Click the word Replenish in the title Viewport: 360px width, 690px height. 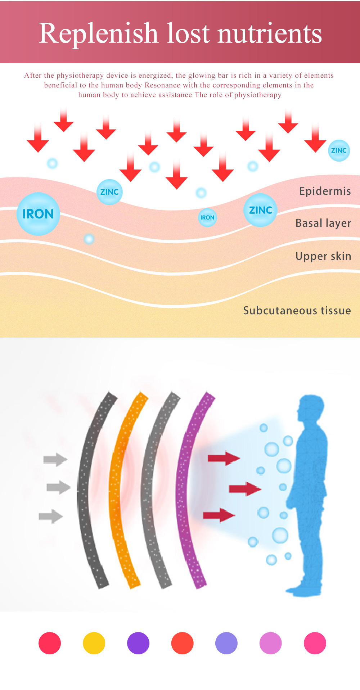click(98, 33)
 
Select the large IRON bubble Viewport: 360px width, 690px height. click(38, 214)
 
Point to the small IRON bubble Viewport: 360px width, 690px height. click(207, 217)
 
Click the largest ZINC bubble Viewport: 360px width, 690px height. click(260, 210)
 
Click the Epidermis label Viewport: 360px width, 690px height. click(325, 191)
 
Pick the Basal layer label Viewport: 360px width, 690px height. click(323, 223)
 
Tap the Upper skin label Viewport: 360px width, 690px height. click(323, 256)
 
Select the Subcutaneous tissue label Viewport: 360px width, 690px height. click(297, 310)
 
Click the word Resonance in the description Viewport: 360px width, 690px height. click(162, 85)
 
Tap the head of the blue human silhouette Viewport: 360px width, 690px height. click(310, 409)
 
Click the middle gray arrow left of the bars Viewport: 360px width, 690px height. click(58, 487)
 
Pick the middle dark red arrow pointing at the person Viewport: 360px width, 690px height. click(245, 488)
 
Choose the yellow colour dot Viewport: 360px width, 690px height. click(94, 643)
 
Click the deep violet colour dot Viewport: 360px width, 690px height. click(138, 643)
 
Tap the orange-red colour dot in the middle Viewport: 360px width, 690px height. click(183, 643)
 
